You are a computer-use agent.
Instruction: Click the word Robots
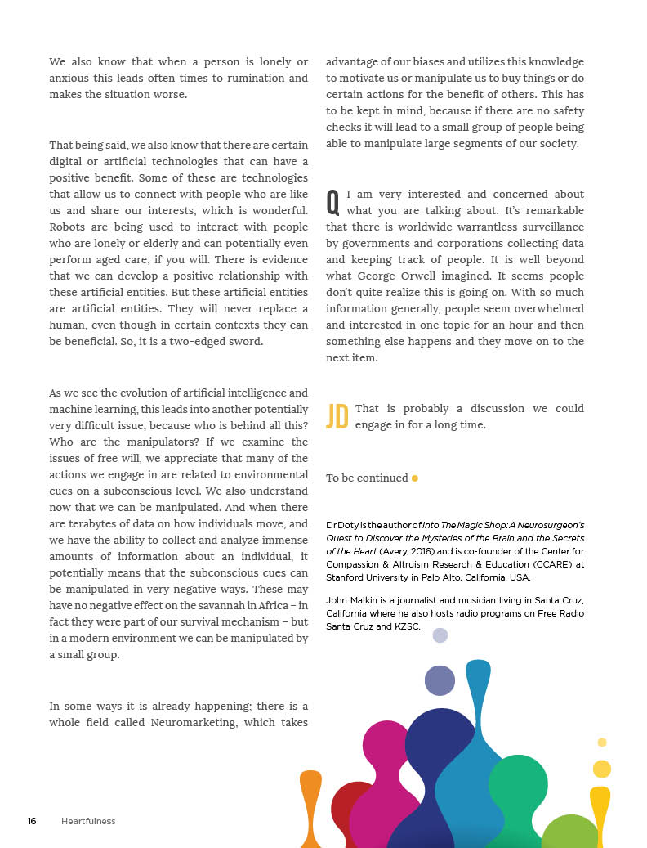[x=68, y=227]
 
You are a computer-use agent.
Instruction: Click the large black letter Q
[x=332, y=200]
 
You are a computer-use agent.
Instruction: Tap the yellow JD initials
[x=337, y=416]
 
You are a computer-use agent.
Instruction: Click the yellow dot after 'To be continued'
[x=415, y=478]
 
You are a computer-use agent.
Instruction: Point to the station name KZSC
[x=406, y=627]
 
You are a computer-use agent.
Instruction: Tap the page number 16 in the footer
[x=32, y=821]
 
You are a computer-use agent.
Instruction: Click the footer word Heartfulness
[x=88, y=821]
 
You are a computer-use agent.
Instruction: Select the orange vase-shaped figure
[x=310, y=805]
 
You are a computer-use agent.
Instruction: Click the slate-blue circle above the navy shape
[x=440, y=680]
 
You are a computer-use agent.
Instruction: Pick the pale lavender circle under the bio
[x=440, y=635]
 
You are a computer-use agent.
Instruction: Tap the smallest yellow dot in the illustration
[x=602, y=743]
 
